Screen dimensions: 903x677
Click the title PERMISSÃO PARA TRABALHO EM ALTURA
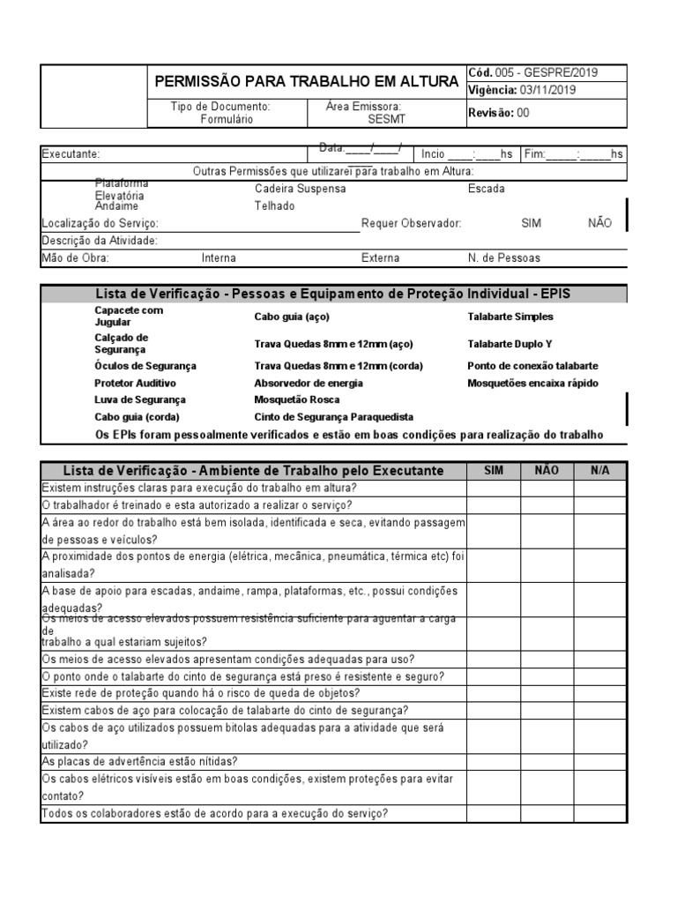coord(307,81)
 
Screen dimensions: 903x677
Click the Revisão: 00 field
coord(498,112)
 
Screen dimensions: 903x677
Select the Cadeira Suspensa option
coord(300,189)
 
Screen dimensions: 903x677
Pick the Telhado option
coord(274,205)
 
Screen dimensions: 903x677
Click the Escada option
coord(487,189)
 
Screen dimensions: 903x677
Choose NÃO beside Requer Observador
coord(599,223)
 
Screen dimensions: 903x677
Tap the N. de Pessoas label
coord(504,258)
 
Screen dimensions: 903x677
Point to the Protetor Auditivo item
coord(135,384)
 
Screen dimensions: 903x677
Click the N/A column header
coord(600,471)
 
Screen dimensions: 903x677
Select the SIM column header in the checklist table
coord(494,471)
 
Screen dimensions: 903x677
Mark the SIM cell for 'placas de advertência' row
coord(494,762)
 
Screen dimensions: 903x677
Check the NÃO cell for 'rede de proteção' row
coord(547,693)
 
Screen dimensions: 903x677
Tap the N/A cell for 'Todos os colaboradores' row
coord(600,814)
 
